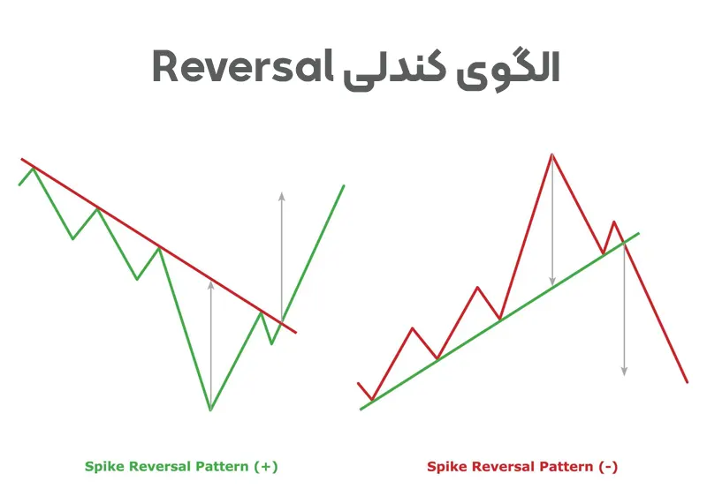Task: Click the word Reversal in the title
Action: click(242, 66)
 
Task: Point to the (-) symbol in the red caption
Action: click(608, 467)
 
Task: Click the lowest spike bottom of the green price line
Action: click(210, 410)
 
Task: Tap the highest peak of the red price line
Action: click(551, 154)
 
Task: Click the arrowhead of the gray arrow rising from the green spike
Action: click(210, 282)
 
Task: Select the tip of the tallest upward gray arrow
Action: click(282, 193)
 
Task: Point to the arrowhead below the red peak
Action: click(552, 284)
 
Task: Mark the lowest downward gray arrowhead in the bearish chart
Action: click(624, 374)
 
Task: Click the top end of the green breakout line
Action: click(344, 185)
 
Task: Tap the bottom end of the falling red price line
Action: click(688, 382)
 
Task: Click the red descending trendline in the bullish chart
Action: click(159, 246)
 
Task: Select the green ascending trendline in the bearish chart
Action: click(499, 321)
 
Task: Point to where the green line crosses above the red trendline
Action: click(282, 322)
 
